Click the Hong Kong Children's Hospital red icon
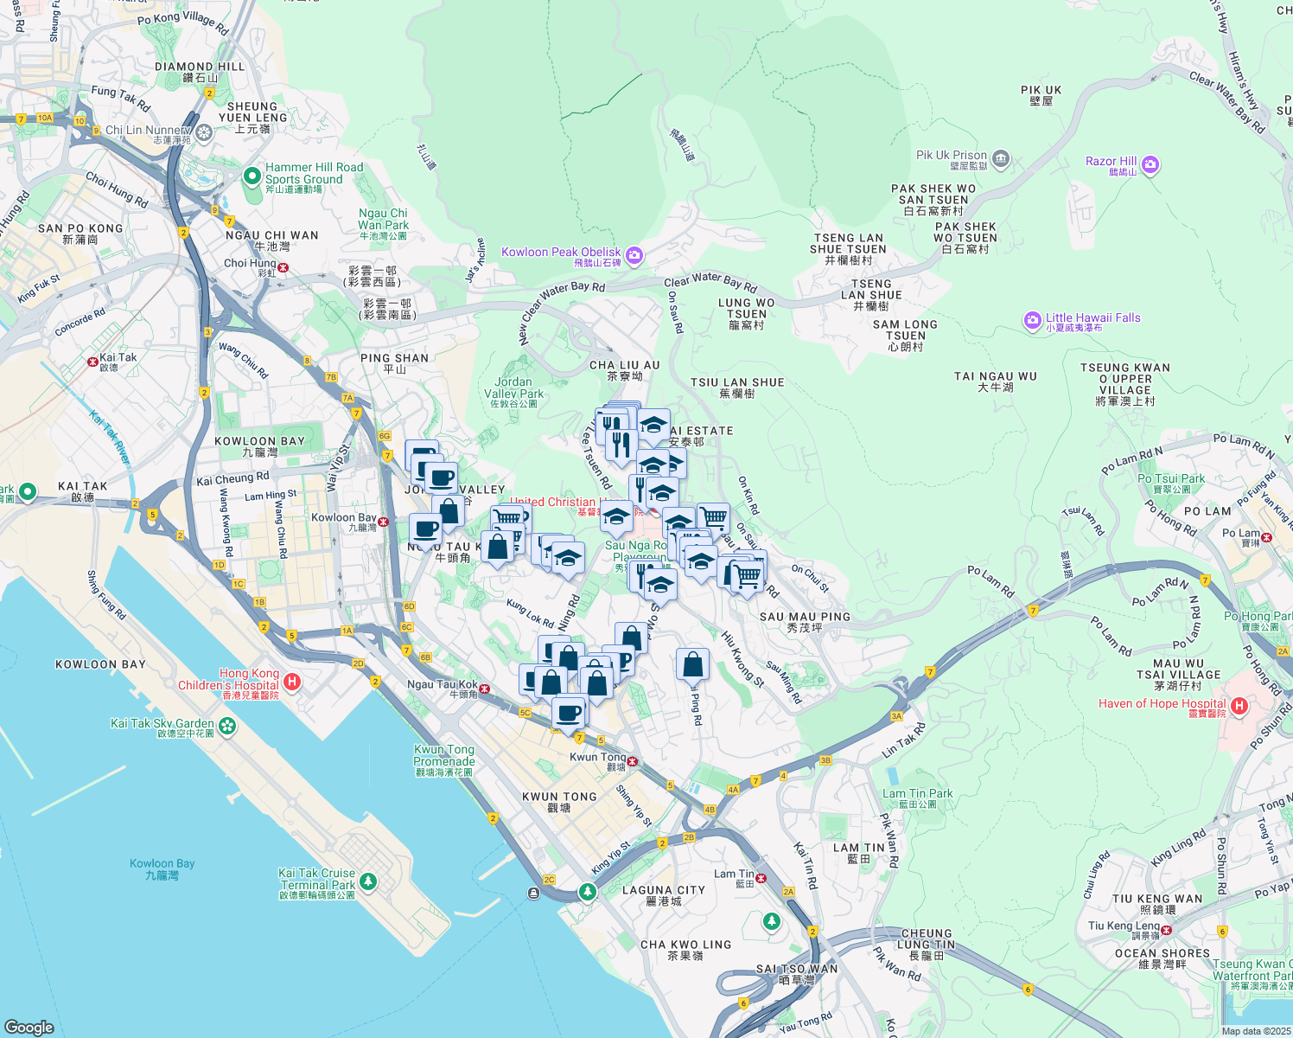click(x=292, y=682)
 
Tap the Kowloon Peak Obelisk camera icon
click(x=634, y=254)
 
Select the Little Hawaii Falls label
click(x=1092, y=318)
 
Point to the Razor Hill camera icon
click(x=1150, y=164)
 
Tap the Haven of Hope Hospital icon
click(x=1239, y=706)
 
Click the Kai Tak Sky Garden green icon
click(x=227, y=725)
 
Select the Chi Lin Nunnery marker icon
click(x=204, y=131)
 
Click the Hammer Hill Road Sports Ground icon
click(x=252, y=176)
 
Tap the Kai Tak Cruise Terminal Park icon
click(x=368, y=881)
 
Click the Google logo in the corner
click(x=29, y=1027)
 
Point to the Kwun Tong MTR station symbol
click(x=634, y=762)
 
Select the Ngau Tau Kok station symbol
click(x=485, y=689)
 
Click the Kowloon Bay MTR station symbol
click(x=383, y=522)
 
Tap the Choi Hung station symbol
click(x=283, y=267)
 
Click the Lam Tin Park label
click(x=917, y=794)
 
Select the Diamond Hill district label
click(x=200, y=67)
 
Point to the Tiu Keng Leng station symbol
click(x=1166, y=931)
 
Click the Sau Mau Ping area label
click(x=805, y=617)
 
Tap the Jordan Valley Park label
click(x=513, y=388)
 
